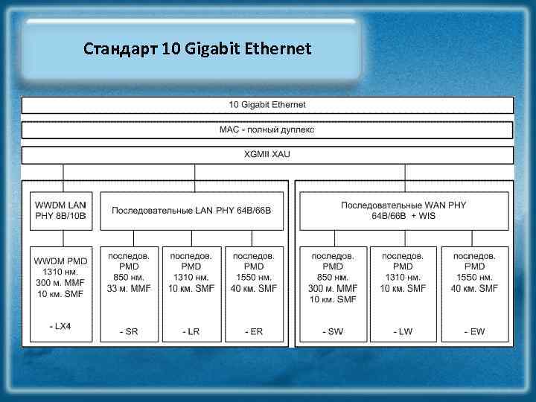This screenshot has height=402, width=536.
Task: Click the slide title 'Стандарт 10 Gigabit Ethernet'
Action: pos(197,50)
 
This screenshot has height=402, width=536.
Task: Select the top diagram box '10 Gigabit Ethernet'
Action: pos(267,105)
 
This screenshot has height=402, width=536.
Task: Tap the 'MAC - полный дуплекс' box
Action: pos(267,130)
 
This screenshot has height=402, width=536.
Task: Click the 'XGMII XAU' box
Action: pos(267,154)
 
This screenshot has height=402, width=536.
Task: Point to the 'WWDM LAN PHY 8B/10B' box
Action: pos(61,211)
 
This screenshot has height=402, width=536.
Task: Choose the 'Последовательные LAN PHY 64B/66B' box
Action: pos(191,211)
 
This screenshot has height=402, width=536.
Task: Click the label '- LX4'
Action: pos(60,326)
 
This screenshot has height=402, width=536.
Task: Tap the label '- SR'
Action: pos(129,331)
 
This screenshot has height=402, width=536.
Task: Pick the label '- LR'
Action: pos(191,331)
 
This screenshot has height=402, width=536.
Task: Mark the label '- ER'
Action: pos(254,331)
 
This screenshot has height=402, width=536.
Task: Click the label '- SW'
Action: pos(333,331)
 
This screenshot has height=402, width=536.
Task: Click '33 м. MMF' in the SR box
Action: pos(129,288)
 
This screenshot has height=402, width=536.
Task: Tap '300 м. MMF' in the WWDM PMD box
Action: pos(61,283)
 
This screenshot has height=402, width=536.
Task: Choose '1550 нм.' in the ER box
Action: pos(254,277)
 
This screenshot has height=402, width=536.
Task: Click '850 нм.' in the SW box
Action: pos(333,277)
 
